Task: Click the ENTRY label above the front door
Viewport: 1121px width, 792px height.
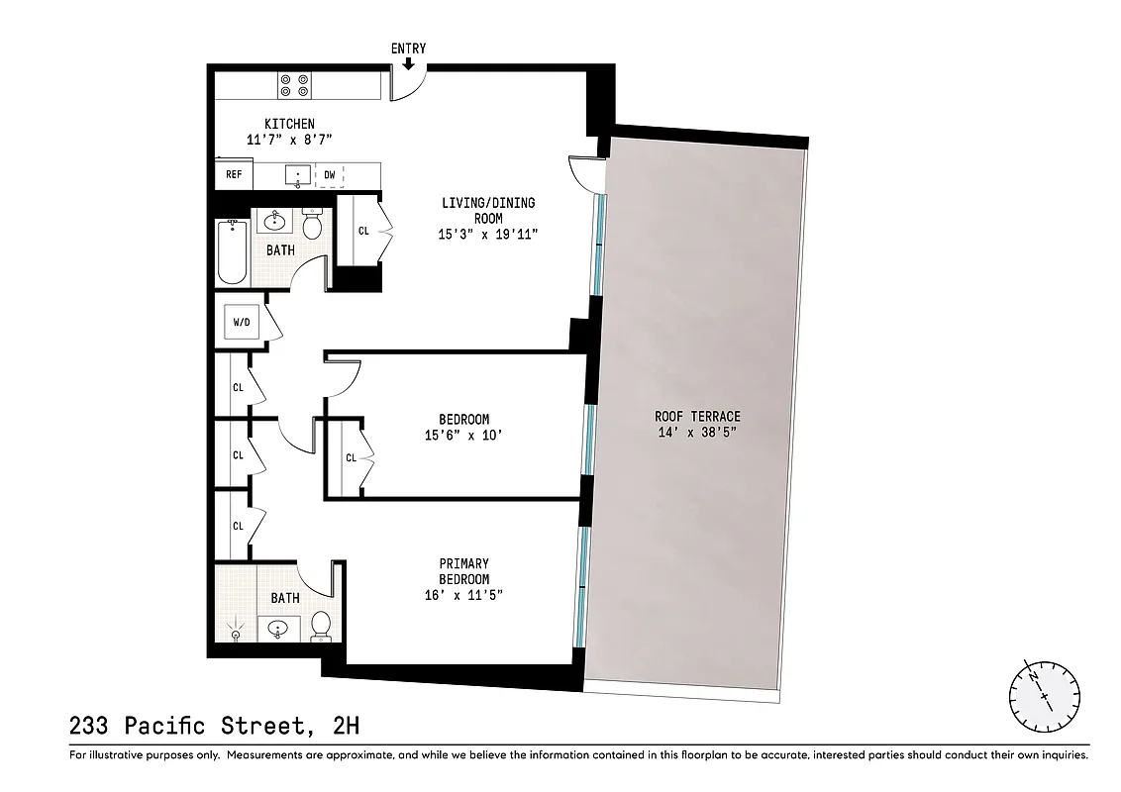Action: point(409,49)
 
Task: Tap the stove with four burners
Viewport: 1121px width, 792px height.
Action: point(292,85)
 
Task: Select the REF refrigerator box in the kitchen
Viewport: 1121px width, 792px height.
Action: point(234,175)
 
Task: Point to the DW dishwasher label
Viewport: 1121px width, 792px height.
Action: point(329,175)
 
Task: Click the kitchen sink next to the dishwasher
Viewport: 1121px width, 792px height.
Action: point(298,175)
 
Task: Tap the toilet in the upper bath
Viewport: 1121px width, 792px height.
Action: point(312,227)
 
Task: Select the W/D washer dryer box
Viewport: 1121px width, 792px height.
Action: point(242,323)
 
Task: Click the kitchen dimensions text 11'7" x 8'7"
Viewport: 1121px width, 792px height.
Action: point(289,140)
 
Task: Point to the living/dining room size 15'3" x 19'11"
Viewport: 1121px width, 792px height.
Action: point(488,235)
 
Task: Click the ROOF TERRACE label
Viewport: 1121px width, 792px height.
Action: point(697,417)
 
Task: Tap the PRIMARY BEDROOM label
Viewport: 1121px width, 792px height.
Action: point(464,571)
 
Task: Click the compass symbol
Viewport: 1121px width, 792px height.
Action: point(1043,690)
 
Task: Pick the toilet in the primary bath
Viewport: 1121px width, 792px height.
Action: point(320,626)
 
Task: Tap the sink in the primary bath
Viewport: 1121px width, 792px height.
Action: point(278,628)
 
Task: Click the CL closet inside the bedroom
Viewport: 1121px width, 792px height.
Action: point(351,457)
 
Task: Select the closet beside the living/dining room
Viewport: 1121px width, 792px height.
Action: point(363,231)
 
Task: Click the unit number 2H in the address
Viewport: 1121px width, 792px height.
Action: point(346,726)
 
